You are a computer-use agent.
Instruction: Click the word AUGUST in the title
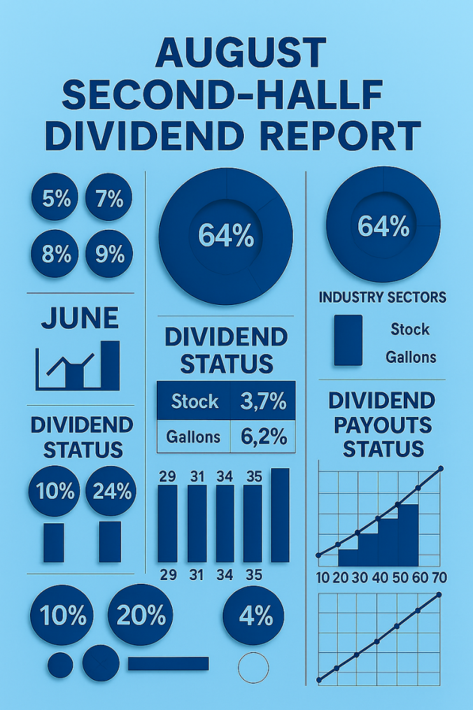[241, 52]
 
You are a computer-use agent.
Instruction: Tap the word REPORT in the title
[341, 136]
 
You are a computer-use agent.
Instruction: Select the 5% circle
[55, 197]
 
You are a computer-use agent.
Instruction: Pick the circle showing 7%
[109, 197]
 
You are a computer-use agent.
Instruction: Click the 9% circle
[109, 253]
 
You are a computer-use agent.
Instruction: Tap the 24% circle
[111, 491]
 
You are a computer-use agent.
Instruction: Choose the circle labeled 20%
[140, 614]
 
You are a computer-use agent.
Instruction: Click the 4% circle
[254, 616]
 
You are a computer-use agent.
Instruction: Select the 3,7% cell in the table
[263, 401]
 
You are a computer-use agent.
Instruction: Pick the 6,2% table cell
[263, 436]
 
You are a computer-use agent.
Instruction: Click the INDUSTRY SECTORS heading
[383, 297]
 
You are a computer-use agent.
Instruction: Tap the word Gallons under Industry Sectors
[411, 357]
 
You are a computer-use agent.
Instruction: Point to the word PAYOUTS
[383, 425]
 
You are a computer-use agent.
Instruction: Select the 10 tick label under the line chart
[323, 578]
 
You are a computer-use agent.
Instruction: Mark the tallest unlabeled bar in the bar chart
[280, 515]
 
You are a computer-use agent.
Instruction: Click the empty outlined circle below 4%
[253, 667]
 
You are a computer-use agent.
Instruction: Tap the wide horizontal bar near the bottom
[168, 664]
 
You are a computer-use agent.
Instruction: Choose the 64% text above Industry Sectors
[383, 226]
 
